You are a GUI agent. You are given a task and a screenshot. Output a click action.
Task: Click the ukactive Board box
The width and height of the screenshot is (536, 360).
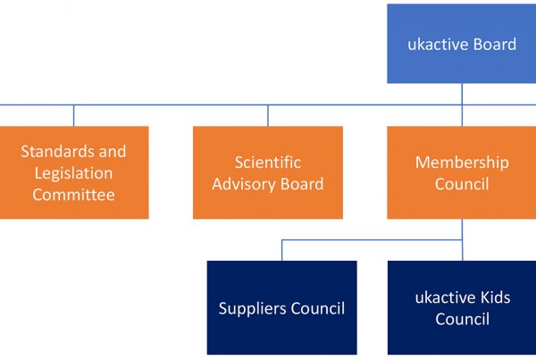[462, 44]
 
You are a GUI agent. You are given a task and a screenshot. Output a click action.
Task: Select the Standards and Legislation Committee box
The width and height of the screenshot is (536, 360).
[74, 172]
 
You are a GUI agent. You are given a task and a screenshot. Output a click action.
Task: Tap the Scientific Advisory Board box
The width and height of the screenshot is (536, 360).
[268, 172]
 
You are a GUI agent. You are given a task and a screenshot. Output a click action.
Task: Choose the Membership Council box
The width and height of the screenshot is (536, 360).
[462, 172]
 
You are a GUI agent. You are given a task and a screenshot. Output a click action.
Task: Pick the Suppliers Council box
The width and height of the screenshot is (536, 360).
[282, 307]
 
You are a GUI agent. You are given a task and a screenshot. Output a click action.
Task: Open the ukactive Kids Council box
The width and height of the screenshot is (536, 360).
[462, 307]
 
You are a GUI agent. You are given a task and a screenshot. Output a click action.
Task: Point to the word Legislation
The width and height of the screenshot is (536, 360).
[73, 173]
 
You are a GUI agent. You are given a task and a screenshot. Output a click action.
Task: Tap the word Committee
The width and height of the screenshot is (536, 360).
[73, 195]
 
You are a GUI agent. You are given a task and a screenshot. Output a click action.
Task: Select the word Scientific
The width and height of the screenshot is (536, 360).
[268, 163]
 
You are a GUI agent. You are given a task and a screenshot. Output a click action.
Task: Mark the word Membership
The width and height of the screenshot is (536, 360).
[462, 163]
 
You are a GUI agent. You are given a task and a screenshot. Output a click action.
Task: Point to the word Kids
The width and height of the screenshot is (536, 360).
[495, 297]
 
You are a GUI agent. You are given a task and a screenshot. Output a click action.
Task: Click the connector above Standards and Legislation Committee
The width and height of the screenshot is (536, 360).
[74, 115]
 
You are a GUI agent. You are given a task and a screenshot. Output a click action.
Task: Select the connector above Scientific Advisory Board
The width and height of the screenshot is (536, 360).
[268, 115]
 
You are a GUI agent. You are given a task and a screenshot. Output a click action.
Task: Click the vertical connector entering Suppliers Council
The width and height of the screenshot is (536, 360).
[282, 250]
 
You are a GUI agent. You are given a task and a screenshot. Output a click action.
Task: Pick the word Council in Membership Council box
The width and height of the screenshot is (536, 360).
[462, 184]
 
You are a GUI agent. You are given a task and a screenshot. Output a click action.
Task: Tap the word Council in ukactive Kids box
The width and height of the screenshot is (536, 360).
[462, 319]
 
